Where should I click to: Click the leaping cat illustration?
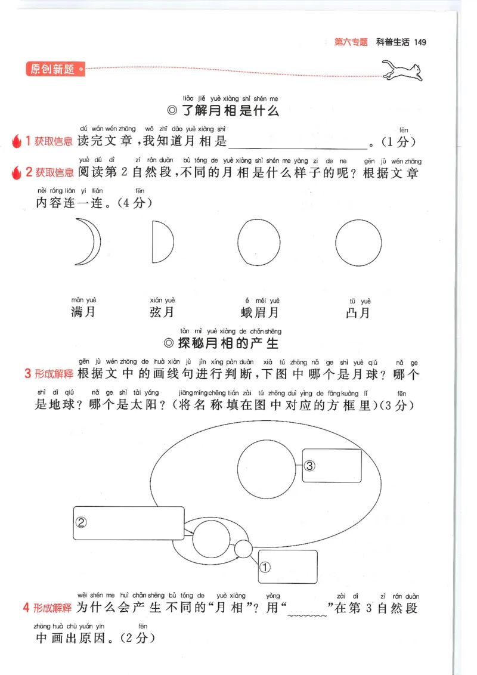coord(402,71)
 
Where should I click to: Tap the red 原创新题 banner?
coord(55,69)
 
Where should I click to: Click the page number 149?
coord(420,42)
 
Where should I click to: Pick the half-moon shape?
coord(163,241)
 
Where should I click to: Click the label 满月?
coord(83,311)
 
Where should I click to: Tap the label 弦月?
coord(162,312)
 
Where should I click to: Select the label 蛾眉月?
coord(259,312)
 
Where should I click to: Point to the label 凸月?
coord(358,312)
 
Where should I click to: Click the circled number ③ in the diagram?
coord(309,465)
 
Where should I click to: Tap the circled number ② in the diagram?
coord(81,522)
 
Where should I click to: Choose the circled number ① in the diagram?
coord(265,567)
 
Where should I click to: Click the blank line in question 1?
coord(298,148)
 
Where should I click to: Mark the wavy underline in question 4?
coord(307,615)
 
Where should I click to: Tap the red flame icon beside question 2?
coord(16,172)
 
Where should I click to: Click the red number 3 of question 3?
coord(27,373)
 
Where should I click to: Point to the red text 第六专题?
coord(351,42)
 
